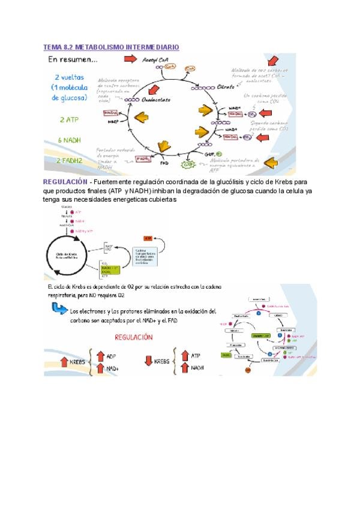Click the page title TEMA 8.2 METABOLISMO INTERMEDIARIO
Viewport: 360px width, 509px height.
click(x=112, y=47)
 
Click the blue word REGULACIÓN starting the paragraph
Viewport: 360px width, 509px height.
click(x=64, y=181)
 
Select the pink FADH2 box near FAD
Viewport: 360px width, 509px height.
click(x=142, y=158)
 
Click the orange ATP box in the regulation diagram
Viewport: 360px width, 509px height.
click(x=148, y=238)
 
